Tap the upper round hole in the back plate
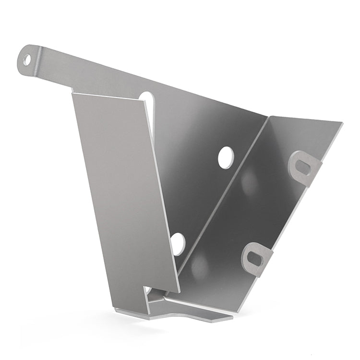tap(225, 158)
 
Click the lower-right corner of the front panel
tap(180, 292)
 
